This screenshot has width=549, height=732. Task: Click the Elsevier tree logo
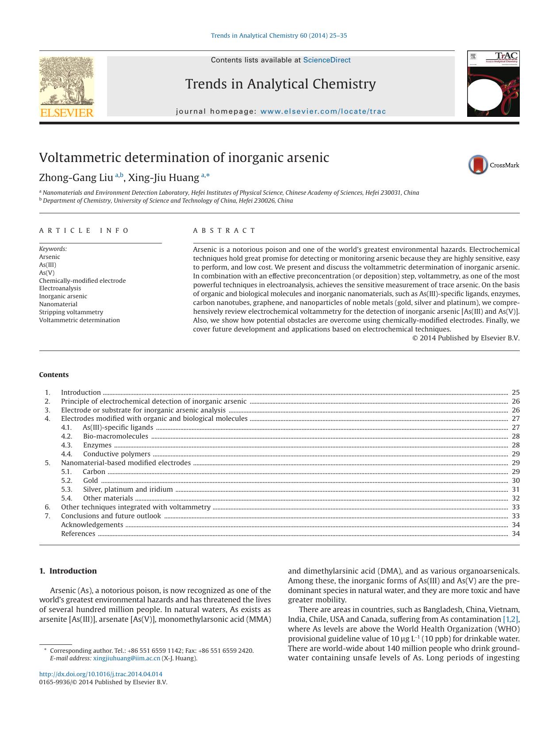coord(66,86)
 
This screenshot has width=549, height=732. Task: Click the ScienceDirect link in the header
coord(326,60)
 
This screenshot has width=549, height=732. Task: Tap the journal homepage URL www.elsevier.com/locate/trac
coord(323,112)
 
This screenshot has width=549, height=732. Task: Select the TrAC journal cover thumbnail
coord(493,84)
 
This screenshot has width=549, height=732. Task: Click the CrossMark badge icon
coord(478,165)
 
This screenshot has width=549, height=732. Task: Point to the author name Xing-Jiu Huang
coord(163,178)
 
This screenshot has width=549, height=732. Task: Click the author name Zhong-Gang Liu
coord(76,178)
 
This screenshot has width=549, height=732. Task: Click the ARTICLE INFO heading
coord(84,231)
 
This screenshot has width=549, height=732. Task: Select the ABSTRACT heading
coord(224,231)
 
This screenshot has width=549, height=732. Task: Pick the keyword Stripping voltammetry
coord(71,312)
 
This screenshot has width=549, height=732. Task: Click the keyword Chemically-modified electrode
coord(82,281)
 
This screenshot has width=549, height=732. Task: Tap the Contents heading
coord(54,375)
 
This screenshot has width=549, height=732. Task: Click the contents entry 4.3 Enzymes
coord(97,445)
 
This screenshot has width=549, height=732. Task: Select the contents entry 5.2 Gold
coord(90,481)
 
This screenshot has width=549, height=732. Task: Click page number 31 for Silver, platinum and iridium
coord(515,489)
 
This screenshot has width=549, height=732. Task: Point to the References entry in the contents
coord(78,534)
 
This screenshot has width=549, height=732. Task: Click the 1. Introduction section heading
coord(68,571)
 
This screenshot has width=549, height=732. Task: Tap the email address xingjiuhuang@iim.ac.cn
coord(127,658)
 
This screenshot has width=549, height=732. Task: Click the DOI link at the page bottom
coord(101,674)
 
